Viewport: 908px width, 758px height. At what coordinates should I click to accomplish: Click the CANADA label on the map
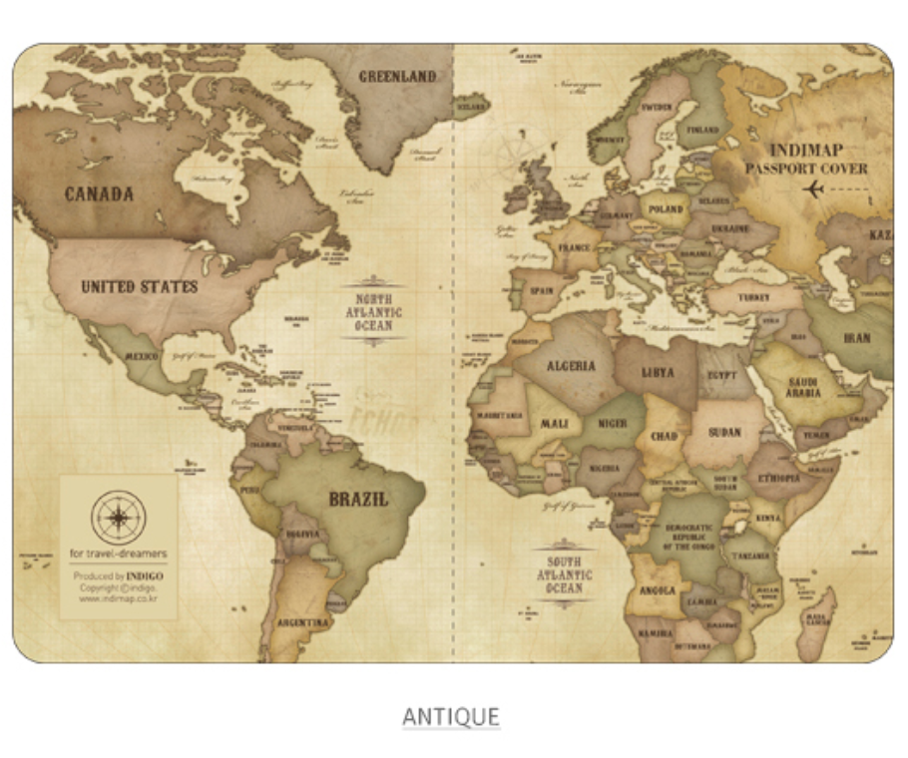[x=99, y=193]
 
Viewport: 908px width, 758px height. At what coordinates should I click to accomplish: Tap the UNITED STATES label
[x=139, y=287]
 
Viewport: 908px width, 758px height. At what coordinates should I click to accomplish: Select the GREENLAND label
[x=397, y=76]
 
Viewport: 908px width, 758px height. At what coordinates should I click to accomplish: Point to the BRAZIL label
[x=359, y=500]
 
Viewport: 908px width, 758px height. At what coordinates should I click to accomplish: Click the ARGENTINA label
[x=303, y=622]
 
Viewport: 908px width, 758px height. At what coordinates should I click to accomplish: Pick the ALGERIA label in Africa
[x=571, y=366]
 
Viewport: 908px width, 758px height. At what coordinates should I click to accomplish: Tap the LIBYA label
[x=658, y=373]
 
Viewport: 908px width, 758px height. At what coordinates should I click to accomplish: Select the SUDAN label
[x=724, y=433]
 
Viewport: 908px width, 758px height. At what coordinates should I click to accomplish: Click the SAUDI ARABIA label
[x=803, y=387]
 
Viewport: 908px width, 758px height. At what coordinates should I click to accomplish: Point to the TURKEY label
[x=754, y=297]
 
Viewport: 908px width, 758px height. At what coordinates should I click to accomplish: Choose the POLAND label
[x=666, y=209]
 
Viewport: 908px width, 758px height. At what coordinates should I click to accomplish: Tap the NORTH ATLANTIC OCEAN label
[x=374, y=312]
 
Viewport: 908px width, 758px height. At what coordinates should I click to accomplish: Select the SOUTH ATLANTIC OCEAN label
[x=565, y=575]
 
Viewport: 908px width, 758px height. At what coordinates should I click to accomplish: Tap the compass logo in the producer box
[x=119, y=517]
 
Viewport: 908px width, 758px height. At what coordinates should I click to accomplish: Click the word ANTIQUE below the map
[x=451, y=716]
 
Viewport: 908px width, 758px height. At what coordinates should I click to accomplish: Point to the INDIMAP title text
[x=806, y=151]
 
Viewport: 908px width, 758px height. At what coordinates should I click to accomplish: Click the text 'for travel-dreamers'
[x=119, y=554]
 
